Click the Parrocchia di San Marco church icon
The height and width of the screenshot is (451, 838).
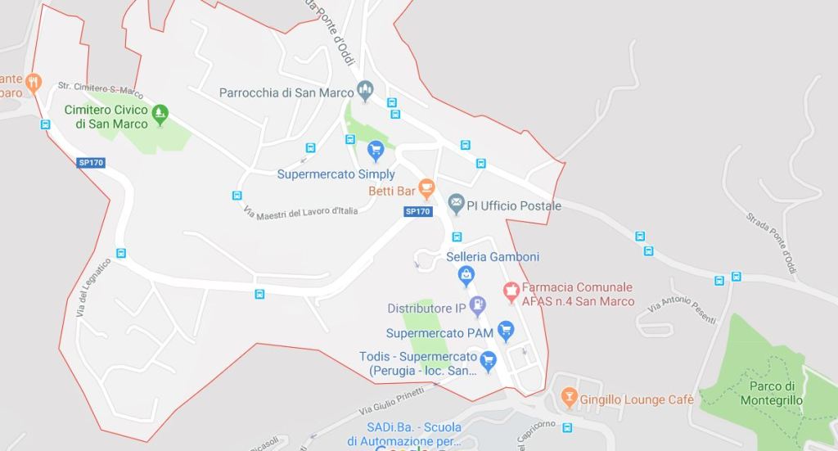366,90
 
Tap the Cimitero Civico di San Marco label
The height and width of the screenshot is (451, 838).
106,117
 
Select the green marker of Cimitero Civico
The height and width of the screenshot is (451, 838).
160,113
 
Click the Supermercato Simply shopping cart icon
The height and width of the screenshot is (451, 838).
376,150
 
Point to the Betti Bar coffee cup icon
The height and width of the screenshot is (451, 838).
426,188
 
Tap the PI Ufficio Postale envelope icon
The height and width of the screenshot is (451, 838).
456,203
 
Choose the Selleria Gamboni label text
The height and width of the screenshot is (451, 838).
493,256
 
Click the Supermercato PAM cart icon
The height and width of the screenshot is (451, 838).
506,330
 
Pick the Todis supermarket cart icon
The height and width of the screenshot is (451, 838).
489,360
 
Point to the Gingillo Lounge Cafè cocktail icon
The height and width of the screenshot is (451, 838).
569,399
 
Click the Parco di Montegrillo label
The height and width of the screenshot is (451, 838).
772,393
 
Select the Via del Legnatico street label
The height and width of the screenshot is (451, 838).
92,288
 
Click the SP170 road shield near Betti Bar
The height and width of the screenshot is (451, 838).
417,211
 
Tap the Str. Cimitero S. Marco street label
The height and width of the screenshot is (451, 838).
100,89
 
